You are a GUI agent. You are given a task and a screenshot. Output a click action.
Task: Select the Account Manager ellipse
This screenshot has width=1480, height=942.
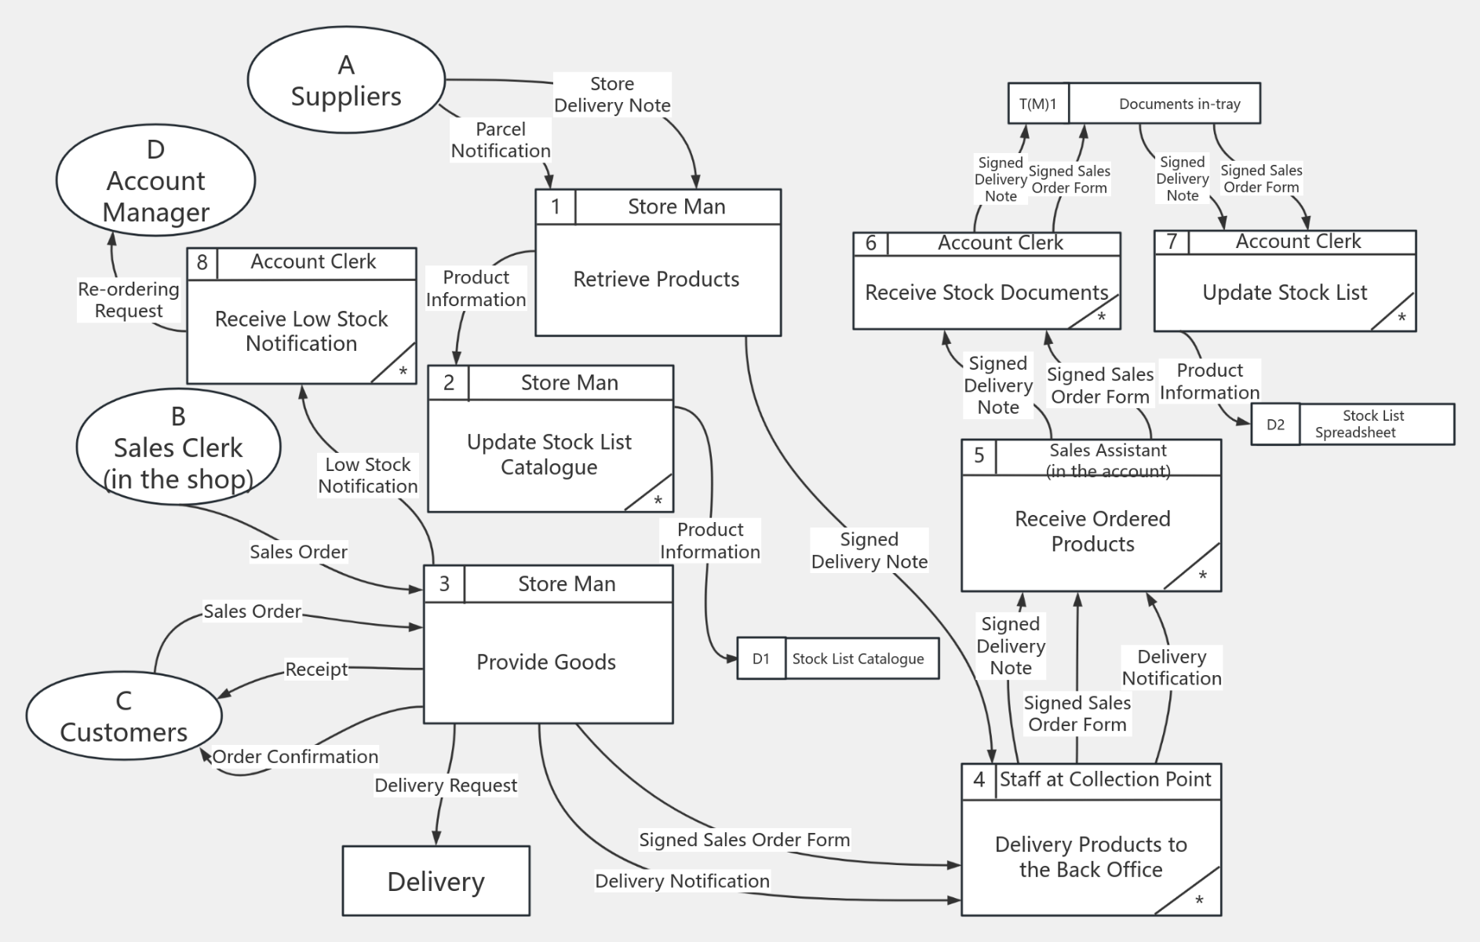coord(156,181)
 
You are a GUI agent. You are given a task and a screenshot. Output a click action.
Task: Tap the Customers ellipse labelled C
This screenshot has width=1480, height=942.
coord(124,716)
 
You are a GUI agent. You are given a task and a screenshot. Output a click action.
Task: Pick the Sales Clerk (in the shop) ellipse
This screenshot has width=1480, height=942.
coord(178,447)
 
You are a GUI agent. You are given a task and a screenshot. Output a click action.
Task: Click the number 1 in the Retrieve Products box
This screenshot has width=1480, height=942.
coord(556,207)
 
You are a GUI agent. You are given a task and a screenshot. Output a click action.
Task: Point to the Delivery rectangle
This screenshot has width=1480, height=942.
coord(436,881)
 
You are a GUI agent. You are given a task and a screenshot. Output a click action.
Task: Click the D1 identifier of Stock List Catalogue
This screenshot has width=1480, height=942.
coord(760,659)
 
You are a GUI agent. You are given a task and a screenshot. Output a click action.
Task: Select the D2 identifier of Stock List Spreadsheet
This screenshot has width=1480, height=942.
coord(1275,425)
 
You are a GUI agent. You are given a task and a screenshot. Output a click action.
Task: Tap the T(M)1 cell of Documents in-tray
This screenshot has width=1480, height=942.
coord(1037,104)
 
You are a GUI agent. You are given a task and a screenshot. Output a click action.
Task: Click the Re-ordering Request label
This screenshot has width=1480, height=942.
coord(129,300)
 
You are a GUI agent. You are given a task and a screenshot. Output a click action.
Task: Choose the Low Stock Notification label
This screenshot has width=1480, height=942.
coord(368,476)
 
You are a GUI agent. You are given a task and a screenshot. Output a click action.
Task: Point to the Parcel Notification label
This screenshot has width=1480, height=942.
coord(501,140)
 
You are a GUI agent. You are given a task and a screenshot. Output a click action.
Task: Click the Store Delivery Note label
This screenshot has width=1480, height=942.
coord(612,94)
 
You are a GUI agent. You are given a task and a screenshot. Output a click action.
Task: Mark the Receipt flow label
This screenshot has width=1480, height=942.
coord(316,670)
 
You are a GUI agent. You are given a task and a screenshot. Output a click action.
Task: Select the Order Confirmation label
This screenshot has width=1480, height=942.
coord(295,757)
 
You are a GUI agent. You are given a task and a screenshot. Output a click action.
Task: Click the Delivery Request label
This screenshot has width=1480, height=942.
coord(446,785)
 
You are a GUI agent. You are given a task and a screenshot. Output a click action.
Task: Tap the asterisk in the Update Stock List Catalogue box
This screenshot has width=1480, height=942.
coord(658,500)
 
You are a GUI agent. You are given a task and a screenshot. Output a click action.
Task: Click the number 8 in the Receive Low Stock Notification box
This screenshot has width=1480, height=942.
coord(202,262)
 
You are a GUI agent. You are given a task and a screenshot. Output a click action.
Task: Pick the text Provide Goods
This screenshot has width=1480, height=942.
coord(546,662)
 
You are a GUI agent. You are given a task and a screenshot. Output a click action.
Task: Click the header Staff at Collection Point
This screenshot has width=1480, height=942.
coord(1105,780)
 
